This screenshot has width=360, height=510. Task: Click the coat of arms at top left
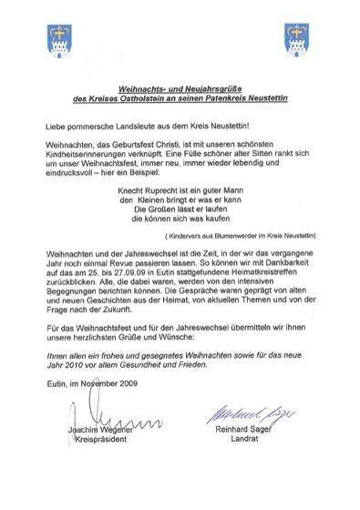click(57, 38)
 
